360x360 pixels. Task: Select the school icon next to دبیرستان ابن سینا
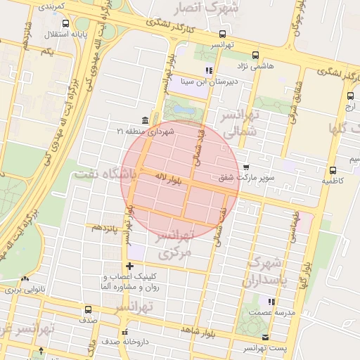[208, 70]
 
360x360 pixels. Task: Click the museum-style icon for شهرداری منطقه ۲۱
[145, 120]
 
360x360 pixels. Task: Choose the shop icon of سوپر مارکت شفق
[245, 167]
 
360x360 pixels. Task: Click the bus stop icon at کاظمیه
[333, 169]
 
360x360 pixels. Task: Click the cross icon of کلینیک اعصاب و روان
[129, 266]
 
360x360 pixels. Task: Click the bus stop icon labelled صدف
[88, 309]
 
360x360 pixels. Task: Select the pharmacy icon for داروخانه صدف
[125, 333]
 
